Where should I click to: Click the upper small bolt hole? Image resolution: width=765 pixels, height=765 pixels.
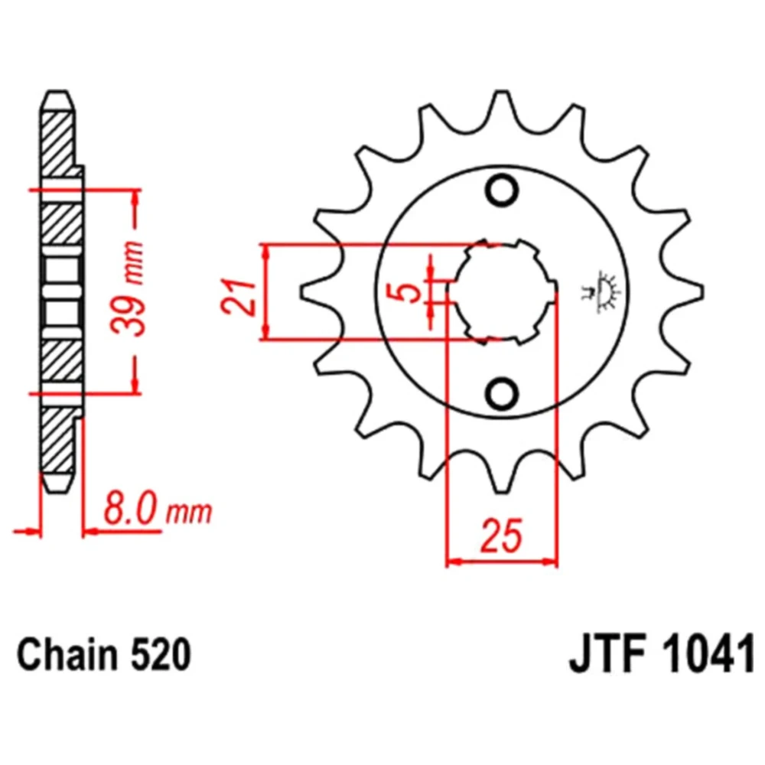point(502,190)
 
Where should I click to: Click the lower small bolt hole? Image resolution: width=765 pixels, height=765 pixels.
point(502,393)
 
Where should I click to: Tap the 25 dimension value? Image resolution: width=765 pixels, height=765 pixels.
point(502,535)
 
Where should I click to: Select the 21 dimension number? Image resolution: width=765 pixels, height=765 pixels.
point(239,297)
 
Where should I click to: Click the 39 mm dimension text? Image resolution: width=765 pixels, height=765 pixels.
point(128,288)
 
